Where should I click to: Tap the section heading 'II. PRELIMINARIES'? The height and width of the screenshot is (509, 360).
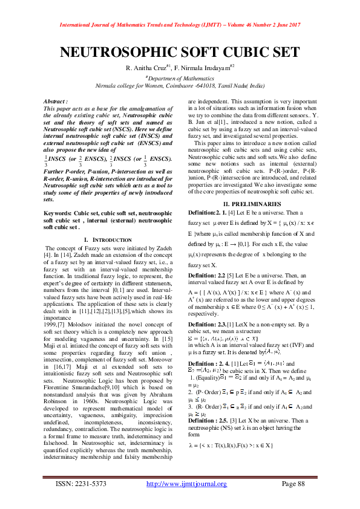pos(252,204)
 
